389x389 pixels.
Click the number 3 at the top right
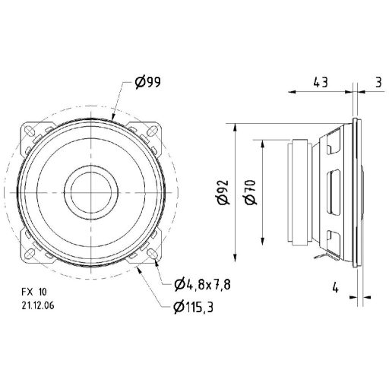click(x=378, y=81)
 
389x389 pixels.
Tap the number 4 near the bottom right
click(x=334, y=287)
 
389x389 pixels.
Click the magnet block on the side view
click(x=300, y=190)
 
